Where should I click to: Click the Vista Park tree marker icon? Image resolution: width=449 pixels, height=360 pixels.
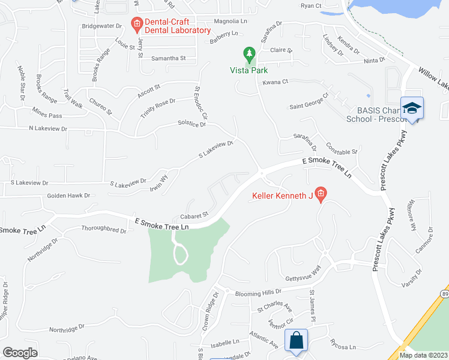click(249, 55)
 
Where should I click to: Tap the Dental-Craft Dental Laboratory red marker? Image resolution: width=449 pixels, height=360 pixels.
click(136, 24)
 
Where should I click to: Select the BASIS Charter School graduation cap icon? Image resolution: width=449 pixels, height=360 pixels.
click(412, 109)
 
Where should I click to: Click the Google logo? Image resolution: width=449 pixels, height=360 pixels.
click(20, 352)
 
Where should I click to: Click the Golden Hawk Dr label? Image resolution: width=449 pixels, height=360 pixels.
click(68, 196)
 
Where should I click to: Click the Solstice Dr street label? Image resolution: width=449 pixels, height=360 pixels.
click(191, 124)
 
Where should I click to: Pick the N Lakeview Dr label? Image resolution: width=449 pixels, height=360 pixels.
click(54, 128)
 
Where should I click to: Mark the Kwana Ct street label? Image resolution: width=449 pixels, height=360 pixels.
click(276, 82)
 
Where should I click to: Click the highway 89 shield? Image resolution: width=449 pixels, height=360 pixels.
click(444, 294)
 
